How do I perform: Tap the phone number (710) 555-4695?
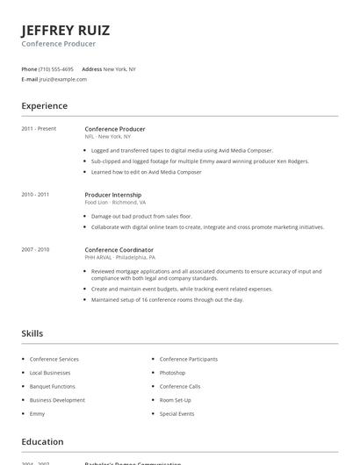56,68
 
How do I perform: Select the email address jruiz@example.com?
63,79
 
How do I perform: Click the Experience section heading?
45,106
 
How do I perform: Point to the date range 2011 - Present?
39,129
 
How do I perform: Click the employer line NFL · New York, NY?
108,137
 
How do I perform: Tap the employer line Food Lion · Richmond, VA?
115,202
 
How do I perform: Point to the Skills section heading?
32,333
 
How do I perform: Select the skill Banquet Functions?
53,386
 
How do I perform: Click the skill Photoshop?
172,373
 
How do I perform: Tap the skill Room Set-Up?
176,400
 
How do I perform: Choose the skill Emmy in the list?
37,413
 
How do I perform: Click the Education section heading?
42,442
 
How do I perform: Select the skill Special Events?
176,413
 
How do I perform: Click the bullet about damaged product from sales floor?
141,216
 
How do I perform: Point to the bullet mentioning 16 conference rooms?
167,299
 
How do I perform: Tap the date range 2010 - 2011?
35,194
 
